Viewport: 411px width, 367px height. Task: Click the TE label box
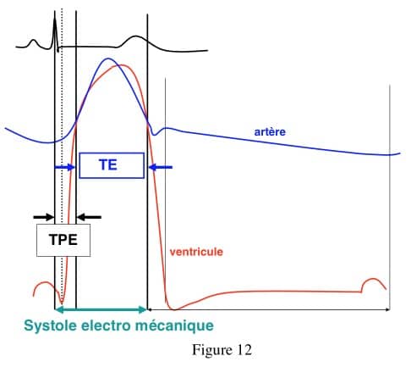click(x=112, y=165)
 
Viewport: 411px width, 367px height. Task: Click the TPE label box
click(x=63, y=240)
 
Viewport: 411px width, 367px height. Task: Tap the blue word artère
click(x=270, y=131)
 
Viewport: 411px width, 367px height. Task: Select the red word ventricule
click(x=196, y=252)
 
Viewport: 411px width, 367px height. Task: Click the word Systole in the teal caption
click(x=51, y=325)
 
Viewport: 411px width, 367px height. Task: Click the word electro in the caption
click(x=106, y=325)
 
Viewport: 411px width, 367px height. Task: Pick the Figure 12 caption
click(x=222, y=350)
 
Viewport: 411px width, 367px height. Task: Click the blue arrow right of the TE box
click(x=161, y=167)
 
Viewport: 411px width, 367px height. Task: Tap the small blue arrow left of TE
click(x=64, y=167)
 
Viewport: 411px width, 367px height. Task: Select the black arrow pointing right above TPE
click(x=44, y=217)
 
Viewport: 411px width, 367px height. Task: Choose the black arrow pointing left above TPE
click(x=89, y=217)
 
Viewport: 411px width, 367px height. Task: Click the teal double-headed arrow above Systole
click(x=101, y=309)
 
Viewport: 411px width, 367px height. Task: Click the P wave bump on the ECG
click(x=34, y=43)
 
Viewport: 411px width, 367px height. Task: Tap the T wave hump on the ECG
click(x=136, y=40)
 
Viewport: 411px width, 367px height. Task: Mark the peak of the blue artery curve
click(x=107, y=58)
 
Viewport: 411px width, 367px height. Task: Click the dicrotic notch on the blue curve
click(x=154, y=134)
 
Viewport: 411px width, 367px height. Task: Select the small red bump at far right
click(x=374, y=283)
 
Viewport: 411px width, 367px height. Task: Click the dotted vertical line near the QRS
click(x=62, y=158)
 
